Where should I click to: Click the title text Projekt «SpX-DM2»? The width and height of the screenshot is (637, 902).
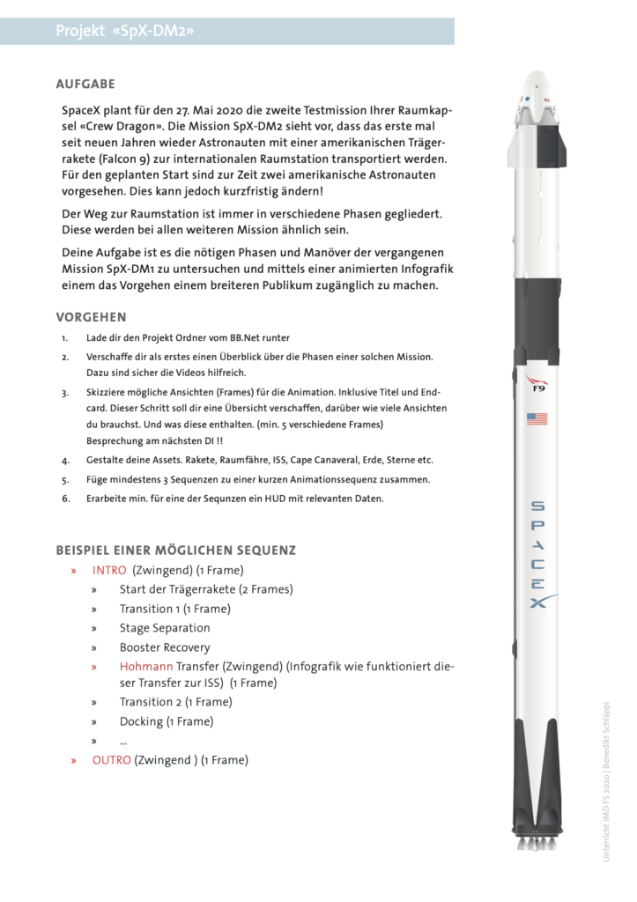point(125,32)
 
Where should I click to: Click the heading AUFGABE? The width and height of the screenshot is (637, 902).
point(85,85)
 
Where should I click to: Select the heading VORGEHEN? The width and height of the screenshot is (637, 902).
point(91,317)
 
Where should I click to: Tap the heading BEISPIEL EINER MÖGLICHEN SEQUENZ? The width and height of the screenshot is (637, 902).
point(175,551)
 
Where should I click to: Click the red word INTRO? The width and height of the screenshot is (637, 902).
point(109,571)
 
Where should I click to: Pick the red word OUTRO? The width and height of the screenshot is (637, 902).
point(111,759)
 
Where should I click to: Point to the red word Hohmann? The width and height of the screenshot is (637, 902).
point(146,667)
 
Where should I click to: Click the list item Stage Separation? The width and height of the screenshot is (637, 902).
point(165,628)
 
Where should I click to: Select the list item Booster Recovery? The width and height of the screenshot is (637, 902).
point(165,647)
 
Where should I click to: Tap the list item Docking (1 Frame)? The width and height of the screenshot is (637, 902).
point(167,721)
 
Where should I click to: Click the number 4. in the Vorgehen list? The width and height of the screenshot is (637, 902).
point(65,460)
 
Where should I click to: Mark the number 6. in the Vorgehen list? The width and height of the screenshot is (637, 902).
point(65,499)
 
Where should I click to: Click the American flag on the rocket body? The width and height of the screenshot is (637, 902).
point(537,418)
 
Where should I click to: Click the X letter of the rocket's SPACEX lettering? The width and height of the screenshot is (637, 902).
point(537,603)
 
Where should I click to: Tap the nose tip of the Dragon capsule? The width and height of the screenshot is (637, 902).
point(537,76)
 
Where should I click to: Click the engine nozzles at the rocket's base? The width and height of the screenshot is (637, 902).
point(537,842)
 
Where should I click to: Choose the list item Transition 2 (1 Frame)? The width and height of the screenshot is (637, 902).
point(176,702)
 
